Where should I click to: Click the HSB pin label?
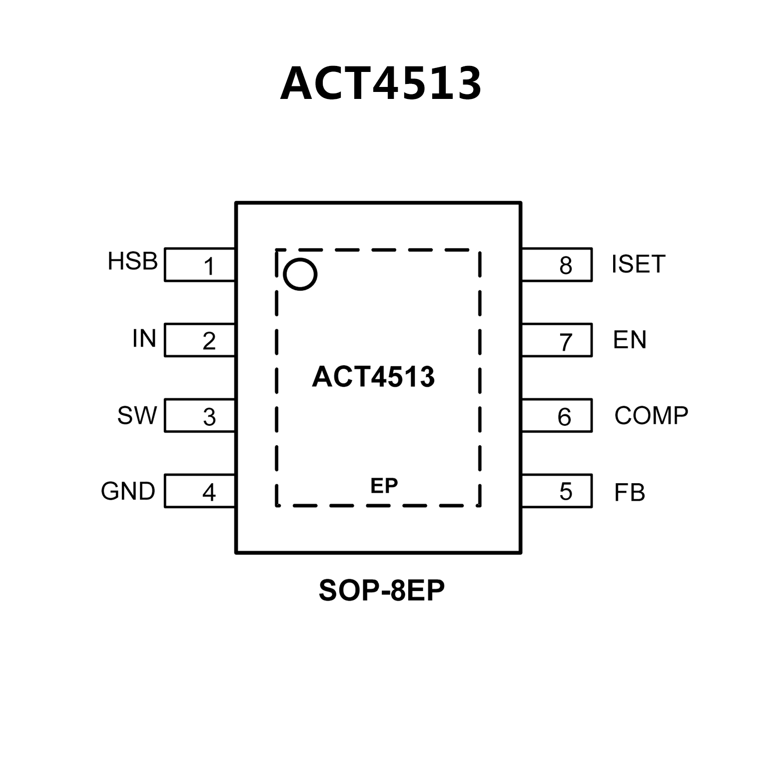click(x=132, y=261)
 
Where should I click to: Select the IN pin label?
click(x=144, y=339)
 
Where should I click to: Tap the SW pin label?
click(x=137, y=415)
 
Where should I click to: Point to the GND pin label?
click(x=128, y=491)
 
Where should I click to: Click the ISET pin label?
click(x=638, y=264)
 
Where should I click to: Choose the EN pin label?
click(x=630, y=340)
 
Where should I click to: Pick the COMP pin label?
click(x=651, y=416)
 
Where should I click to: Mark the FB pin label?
click(x=629, y=493)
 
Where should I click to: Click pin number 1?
click(x=209, y=266)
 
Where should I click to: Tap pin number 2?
click(x=209, y=341)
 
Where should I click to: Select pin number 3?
click(x=209, y=417)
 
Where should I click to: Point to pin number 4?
click(x=209, y=493)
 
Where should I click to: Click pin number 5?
click(x=566, y=492)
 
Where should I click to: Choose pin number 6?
click(x=564, y=417)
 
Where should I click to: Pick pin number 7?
click(x=565, y=342)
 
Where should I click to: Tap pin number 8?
click(x=566, y=265)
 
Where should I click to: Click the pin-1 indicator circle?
click(x=300, y=274)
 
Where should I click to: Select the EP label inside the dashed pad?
click(x=384, y=485)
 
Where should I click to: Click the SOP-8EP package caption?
click(x=381, y=591)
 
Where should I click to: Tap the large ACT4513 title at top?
click(x=381, y=83)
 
